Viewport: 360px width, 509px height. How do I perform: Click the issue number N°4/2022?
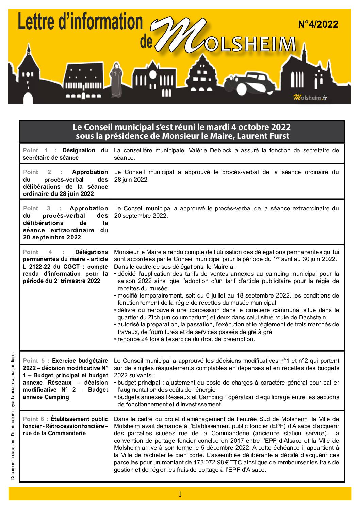pos(318,24)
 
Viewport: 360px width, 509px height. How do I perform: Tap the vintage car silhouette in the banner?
pos(250,83)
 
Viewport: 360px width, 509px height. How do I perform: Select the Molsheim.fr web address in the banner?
pos(310,98)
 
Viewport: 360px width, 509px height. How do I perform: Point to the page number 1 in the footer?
pos(180,494)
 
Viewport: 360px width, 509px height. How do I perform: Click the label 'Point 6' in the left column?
pos(36,419)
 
